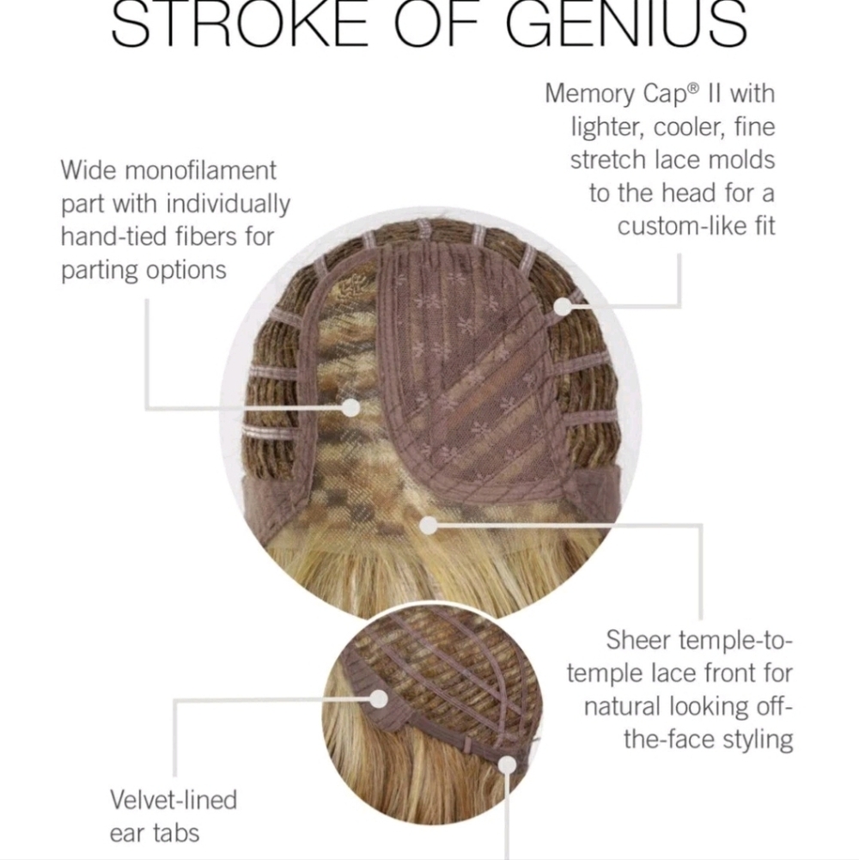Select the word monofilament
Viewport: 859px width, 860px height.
coord(200,171)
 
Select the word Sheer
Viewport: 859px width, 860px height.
coord(638,640)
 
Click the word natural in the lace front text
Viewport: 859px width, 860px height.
coord(622,706)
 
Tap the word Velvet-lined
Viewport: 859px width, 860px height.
coord(174,800)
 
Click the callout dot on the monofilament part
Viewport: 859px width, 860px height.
coord(350,408)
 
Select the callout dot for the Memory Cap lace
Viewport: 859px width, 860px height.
coord(563,308)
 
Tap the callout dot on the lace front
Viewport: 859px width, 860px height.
coord(429,526)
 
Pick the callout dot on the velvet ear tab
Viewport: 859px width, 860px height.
coord(379,699)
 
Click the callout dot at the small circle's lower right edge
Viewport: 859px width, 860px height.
coord(508,765)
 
